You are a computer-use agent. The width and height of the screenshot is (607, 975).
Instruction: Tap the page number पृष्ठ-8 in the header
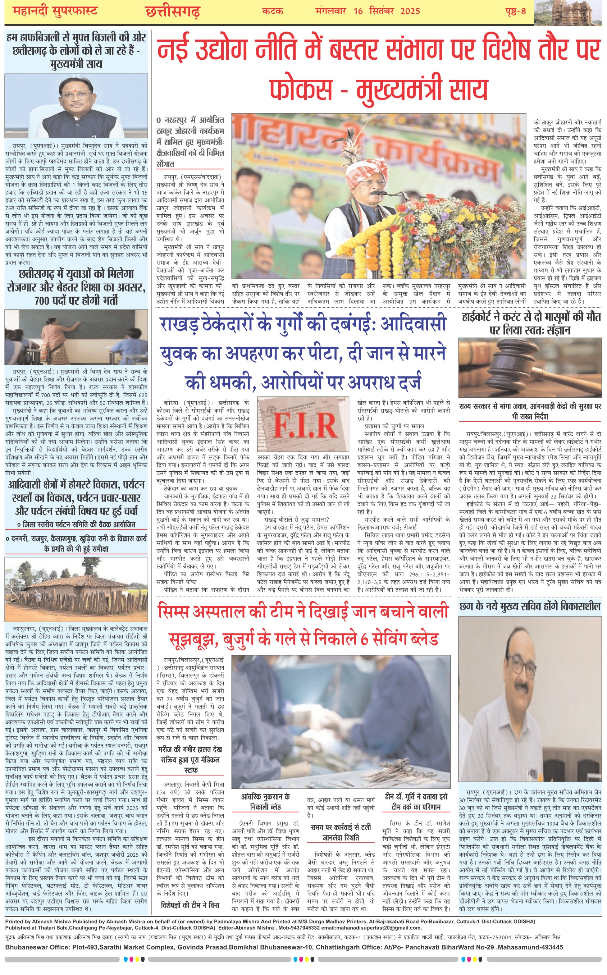pos(515,11)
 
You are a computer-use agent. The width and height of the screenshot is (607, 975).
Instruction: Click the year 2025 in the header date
pos(410,11)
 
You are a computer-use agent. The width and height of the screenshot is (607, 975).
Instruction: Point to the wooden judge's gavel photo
pos(530,367)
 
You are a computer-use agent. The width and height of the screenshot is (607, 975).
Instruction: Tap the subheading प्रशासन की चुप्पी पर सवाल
pos(394,426)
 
